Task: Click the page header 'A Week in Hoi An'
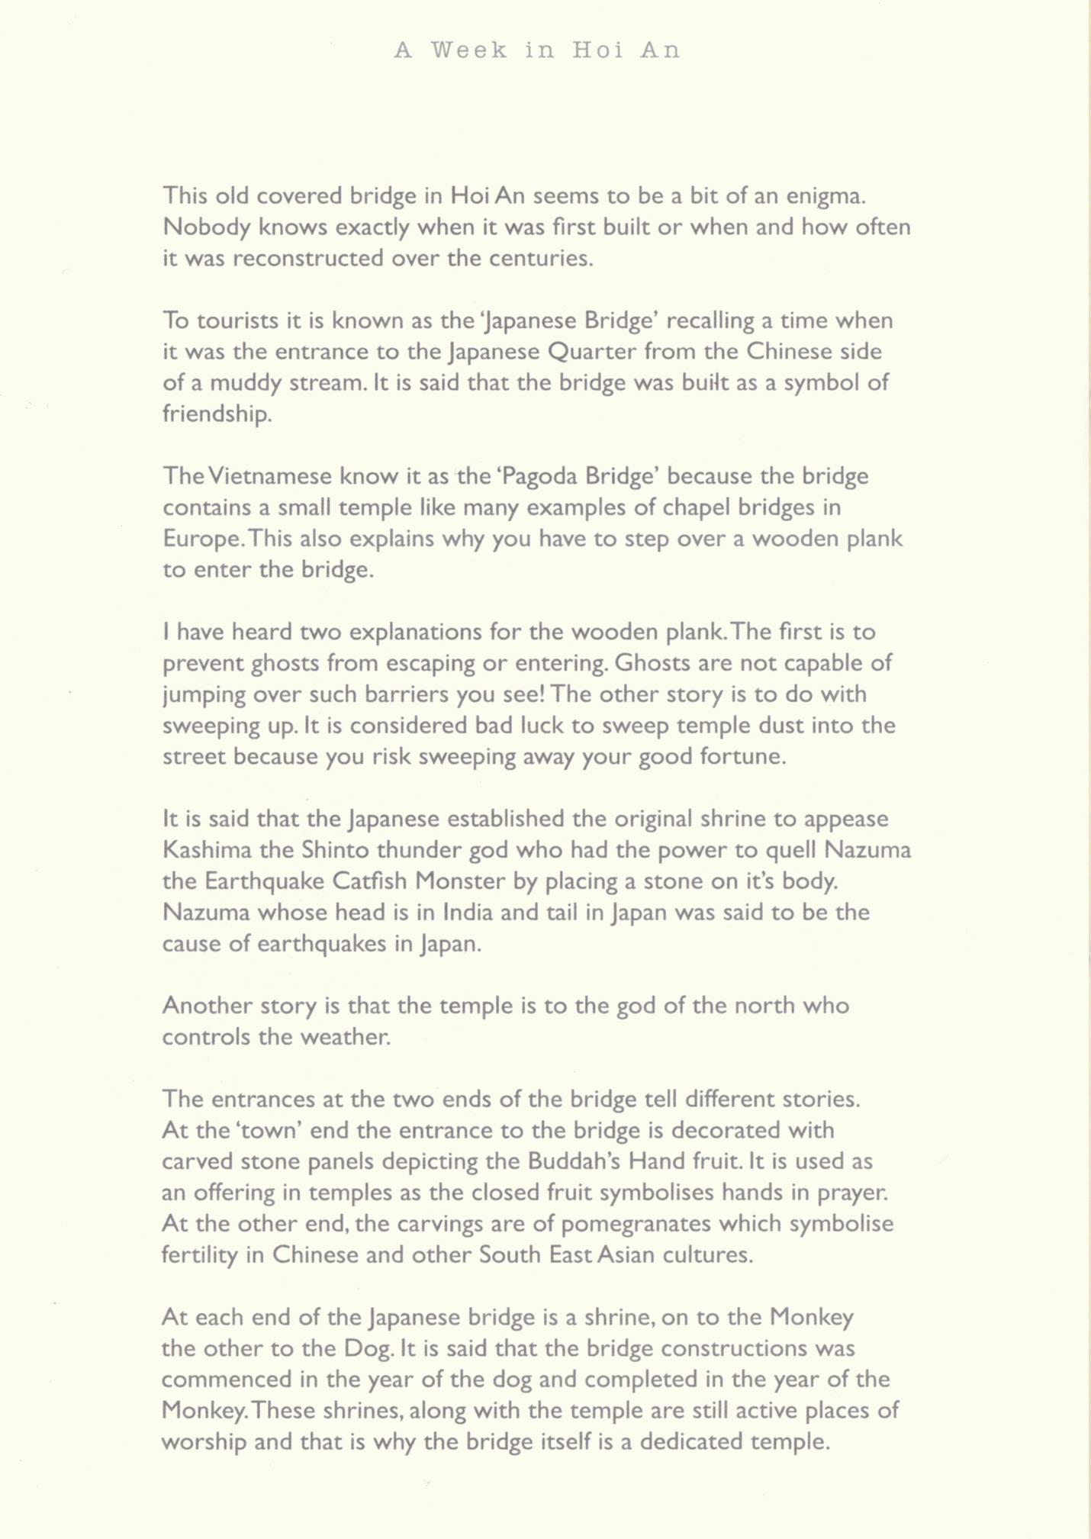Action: tap(537, 50)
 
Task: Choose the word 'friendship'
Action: tap(217, 414)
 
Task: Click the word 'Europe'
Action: tap(201, 539)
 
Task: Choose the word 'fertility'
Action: tap(198, 1255)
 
